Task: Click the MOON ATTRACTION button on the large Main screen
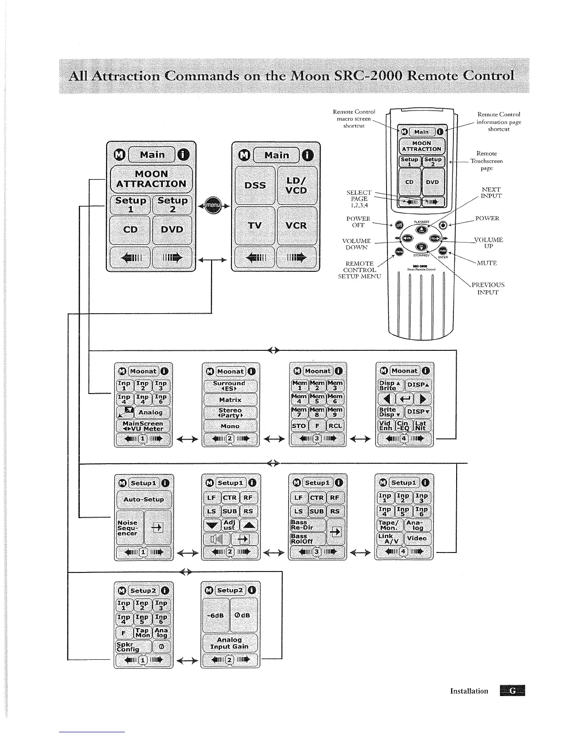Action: click(x=151, y=179)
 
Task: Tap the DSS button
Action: click(x=255, y=185)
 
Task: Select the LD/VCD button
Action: click(x=297, y=185)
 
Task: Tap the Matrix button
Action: click(x=230, y=400)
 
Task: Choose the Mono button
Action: click(x=230, y=426)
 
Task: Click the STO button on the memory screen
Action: click(x=299, y=426)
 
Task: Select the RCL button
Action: click(x=335, y=426)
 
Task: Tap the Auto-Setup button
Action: click(x=144, y=499)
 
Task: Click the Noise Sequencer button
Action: click(x=128, y=528)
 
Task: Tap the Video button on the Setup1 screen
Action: click(x=417, y=539)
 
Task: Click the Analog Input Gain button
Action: click(x=230, y=643)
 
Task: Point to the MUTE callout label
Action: click(x=487, y=263)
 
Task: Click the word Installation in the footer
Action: click(x=469, y=691)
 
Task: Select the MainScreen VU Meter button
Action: click(x=143, y=426)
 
